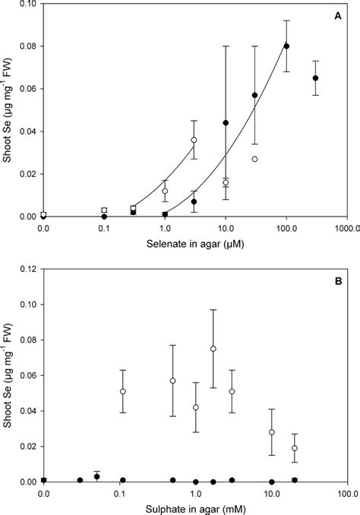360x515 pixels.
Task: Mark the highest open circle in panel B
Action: coord(213,349)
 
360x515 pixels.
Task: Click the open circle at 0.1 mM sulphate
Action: coord(123,391)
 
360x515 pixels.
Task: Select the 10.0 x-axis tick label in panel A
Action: coord(226,227)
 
